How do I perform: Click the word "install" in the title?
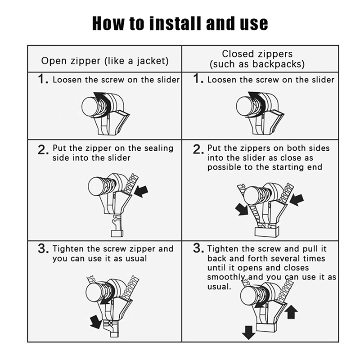click(x=176, y=23)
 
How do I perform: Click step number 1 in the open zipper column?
click(x=43, y=79)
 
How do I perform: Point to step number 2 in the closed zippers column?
click(x=198, y=149)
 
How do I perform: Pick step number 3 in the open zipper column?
click(x=43, y=248)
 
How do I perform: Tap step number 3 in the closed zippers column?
click(x=198, y=248)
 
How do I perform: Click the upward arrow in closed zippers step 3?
click(x=291, y=312)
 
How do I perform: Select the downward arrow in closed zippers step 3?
click(x=249, y=333)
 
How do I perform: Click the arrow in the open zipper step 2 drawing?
click(x=141, y=191)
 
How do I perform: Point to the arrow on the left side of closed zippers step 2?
click(x=242, y=210)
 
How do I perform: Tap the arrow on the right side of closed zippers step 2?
click(x=297, y=199)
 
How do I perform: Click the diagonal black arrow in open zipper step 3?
click(x=96, y=321)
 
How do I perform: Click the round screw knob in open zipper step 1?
click(x=91, y=106)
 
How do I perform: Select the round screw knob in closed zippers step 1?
click(x=246, y=106)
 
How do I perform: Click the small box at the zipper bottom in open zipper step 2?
click(x=117, y=234)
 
